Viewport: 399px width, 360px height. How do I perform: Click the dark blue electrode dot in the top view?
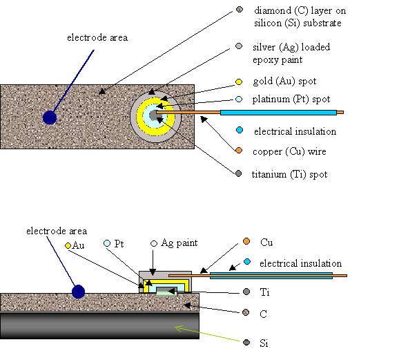50,117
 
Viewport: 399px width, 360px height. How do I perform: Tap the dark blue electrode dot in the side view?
78,292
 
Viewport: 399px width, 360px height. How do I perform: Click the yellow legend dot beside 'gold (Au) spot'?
239,82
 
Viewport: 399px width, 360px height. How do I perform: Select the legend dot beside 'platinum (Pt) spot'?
239,99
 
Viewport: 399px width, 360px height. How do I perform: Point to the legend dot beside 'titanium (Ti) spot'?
238,173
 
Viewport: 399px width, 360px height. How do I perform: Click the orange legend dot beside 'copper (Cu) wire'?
239,151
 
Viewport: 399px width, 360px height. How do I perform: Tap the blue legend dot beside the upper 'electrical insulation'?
240,130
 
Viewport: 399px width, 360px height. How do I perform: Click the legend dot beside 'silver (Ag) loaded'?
239,46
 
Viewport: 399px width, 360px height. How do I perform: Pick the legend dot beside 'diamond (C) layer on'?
240,10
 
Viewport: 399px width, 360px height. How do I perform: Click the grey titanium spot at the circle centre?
153,115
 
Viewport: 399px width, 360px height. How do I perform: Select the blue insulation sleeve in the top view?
278,113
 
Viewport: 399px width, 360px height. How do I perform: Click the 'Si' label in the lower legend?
264,343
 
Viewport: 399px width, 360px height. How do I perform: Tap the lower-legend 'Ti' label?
264,292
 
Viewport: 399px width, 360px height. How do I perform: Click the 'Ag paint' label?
179,243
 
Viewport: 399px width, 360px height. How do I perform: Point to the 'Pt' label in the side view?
119,244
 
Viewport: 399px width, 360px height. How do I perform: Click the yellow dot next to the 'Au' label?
68,245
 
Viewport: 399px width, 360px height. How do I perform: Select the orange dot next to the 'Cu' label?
246,241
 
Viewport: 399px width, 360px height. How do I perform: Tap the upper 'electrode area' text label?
97,38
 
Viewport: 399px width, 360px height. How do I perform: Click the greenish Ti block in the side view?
166,292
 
